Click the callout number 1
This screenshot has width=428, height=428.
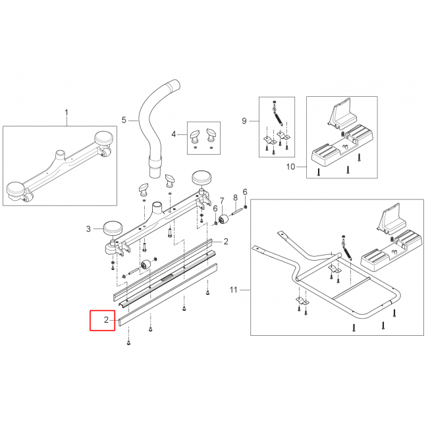click(x=67, y=113)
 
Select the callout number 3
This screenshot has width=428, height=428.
click(x=88, y=228)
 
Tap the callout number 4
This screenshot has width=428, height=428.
click(x=174, y=134)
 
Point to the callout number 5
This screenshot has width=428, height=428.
click(x=124, y=120)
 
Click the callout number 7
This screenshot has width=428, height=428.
click(x=222, y=201)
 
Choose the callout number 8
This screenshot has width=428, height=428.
click(x=235, y=198)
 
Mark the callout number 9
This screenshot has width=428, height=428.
click(x=244, y=121)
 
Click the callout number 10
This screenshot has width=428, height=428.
click(x=291, y=167)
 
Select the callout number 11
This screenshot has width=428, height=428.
click(x=233, y=290)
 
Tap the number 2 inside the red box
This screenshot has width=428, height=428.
click(x=106, y=319)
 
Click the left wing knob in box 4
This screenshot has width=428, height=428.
click(x=195, y=136)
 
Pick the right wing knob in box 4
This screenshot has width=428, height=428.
click(x=211, y=135)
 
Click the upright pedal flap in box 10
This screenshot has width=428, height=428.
click(x=343, y=114)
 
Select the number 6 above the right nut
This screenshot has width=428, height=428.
click(x=245, y=192)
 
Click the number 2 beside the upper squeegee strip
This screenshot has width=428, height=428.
click(x=226, y=242)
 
